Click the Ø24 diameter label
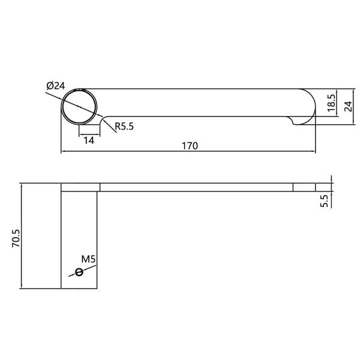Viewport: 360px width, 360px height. (x=55, y=86)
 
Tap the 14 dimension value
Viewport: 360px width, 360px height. (x=89, y=140)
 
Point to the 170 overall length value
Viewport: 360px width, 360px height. (x=190, y=145)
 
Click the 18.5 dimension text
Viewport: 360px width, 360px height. (x=331, y=103)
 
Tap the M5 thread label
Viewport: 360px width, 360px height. (x=89, y=259)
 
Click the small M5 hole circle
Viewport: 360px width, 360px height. (x=79, y=272)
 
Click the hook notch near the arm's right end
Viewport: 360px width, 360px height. (x=293, y=122)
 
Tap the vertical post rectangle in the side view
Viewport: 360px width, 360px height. (x=80, y=240)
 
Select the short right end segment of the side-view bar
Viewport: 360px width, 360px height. (x=304, y=187)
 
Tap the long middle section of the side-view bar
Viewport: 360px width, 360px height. (x=196, y=187)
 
